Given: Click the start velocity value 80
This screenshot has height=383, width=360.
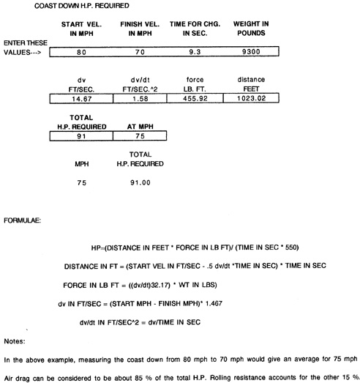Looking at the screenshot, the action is [81, 52].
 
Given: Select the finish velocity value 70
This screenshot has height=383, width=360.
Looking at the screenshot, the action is [140, 52].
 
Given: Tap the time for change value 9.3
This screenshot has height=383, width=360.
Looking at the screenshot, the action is [195, 52].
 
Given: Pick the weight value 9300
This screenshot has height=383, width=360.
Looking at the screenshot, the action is [251, 52].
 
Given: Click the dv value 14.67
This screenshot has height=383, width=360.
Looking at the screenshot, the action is [82, 99].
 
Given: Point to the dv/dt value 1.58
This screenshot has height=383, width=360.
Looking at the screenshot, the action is [140, 99].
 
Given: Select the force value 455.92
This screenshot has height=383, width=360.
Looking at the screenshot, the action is [195, 98].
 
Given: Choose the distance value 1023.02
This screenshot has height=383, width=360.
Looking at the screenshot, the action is [252, 98].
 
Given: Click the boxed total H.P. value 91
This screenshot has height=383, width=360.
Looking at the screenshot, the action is [81, 136].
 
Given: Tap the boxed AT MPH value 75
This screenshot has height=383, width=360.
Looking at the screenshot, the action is [140, 136].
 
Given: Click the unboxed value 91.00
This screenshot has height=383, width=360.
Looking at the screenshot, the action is [140, 182].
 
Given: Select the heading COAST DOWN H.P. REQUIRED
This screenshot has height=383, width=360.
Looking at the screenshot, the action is [82, 6].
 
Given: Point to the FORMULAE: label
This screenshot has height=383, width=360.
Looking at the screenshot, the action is [22, 220].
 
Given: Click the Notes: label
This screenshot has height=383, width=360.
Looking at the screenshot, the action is [15, 341].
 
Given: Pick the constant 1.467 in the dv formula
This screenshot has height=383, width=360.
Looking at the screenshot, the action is [214, 304].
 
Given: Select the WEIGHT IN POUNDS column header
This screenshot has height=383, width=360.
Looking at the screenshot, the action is [251, 29].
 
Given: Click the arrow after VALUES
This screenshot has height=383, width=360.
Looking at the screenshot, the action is [36, 53].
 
